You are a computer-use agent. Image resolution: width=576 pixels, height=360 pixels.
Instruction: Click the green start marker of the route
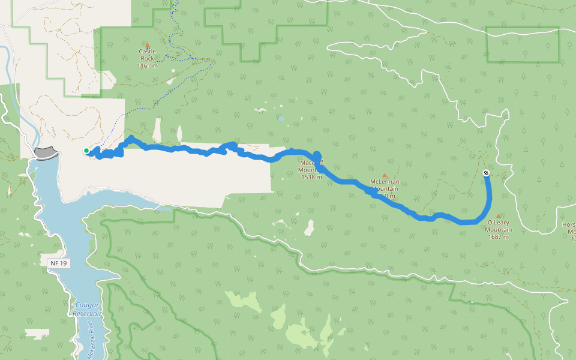[86, 151]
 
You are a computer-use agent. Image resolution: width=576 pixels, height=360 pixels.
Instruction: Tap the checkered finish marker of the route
[486, 173]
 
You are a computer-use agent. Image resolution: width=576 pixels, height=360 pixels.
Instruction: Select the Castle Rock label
[147, 55]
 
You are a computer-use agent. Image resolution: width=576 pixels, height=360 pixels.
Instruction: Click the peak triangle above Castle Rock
[147, 44]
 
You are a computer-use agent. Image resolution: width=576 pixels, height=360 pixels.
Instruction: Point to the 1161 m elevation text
[147, 65]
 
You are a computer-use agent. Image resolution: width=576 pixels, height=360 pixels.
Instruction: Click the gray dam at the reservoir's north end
[46, 153]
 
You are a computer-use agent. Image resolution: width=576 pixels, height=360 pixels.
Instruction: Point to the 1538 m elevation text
[311, 177]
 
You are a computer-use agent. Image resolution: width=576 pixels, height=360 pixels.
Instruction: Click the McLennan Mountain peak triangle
[385, 175]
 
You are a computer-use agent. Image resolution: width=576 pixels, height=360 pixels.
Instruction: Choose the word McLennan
[385, 182]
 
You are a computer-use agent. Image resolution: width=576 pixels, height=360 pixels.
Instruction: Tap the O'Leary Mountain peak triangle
[498, 216]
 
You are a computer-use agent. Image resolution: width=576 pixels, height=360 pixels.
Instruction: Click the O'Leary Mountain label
[498, 226]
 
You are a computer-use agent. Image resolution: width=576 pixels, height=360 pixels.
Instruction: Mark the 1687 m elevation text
[498, 237]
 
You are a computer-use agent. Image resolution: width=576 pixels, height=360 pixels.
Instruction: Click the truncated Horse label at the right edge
[569, 225]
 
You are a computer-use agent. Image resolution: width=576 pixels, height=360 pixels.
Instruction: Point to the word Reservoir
[86, 314]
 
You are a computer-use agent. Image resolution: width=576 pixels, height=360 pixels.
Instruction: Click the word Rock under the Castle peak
[147, 58]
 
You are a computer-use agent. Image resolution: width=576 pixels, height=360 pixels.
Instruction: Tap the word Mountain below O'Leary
[498, 230]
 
